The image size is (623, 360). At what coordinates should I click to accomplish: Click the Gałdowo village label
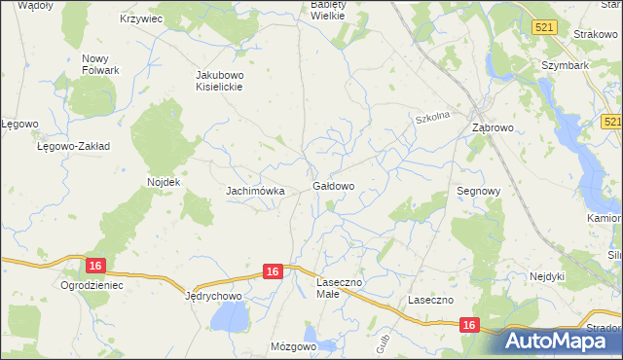pyautogui.click(x=333, y=185)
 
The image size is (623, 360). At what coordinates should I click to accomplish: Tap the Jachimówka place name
pyautogui.click(x=255, y=191)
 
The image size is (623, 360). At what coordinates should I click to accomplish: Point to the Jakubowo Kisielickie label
pyautogui.click(x=218, y=80)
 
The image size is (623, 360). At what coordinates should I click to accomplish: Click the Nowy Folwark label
pyautogui.click(x=100, y=64)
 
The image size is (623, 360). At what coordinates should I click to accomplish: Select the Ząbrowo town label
pyautogui.click(x=492, y=127)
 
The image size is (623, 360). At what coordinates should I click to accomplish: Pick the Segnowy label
pyautogui.click(x=478, y=192)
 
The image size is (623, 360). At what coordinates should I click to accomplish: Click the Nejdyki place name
pyautogui.click(x=546, y=276)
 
